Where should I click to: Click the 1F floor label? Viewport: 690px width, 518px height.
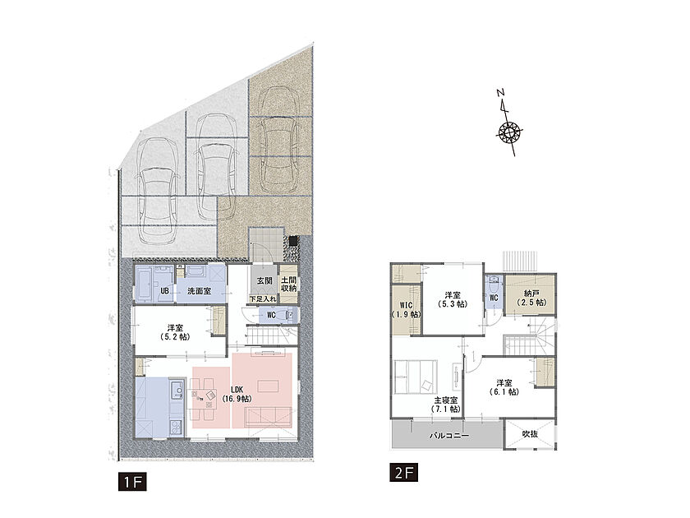click(132, 483)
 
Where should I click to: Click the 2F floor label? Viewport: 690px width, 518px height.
click(403, 473)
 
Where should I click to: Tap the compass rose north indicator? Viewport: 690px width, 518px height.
click(509, 123)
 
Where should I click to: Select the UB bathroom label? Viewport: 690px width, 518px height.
click(164, 291)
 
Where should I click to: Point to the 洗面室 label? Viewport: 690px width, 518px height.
click(199, 291)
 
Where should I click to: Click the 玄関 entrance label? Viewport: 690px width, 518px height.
click(264, 280)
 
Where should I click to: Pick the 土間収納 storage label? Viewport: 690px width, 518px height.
click(288, 284)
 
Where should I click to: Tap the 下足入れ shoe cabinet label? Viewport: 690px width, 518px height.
click(263, 298)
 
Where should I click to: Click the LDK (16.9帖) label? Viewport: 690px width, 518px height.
click(237, 394)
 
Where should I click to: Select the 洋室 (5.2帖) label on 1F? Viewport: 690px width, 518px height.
click(175, 332)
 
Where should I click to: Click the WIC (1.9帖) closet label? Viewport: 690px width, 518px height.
click(406, 310)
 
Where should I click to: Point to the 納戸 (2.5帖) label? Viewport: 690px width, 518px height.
click(531, 298)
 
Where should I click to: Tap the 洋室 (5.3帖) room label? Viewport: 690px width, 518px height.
click(453, 299)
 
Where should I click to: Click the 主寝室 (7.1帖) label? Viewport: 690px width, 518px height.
click(446, 405)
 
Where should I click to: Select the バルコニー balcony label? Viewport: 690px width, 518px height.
click(448, 436)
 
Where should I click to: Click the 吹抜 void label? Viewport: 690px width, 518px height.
click(530, 434)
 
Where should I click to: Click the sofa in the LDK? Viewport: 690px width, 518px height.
click(268, 417)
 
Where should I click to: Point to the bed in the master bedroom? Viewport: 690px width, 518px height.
click(416, 377)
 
